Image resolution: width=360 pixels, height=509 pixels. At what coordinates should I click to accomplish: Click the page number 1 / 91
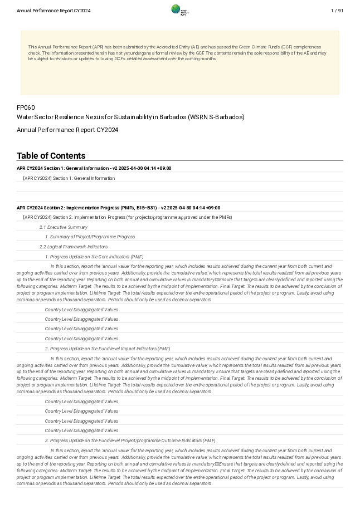(x=337, y=11)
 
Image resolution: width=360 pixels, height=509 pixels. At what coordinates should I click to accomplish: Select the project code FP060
(x=26, y=107)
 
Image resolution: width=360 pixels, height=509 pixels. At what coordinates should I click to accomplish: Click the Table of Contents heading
(x=51, y=156)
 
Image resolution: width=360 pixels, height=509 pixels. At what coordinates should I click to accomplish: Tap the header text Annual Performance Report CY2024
(x=53, y=11)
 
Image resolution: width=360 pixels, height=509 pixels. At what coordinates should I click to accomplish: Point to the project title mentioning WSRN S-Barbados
(x=130, y=117)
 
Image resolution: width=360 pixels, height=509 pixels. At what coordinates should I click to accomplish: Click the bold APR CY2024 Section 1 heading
(x=94, y=168)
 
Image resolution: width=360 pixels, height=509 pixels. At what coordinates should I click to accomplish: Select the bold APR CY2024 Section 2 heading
(x=118, y=208)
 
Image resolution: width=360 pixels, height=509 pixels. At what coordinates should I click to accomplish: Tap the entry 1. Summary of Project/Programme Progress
(x=90, y=237)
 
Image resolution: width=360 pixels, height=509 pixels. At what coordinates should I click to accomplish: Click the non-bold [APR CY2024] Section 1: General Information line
(x=69, y=178)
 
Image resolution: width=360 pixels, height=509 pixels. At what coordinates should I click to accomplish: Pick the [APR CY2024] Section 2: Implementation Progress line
(x=127, y=217)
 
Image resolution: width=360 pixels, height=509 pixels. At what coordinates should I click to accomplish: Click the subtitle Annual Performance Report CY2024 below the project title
(x=67, y=130)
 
